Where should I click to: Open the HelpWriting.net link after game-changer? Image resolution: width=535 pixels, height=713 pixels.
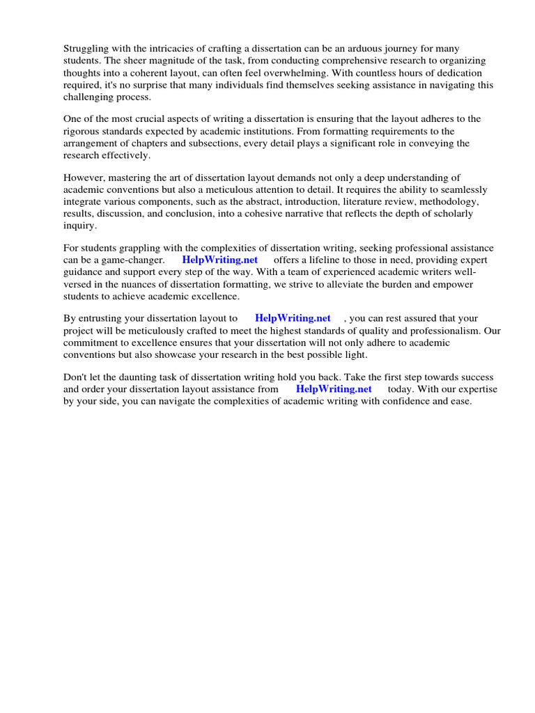coord(219,260)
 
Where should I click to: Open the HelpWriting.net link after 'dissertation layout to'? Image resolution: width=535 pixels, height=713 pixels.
coord(293,318)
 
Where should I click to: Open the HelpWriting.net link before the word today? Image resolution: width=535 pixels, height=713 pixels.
coord(334,389)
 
